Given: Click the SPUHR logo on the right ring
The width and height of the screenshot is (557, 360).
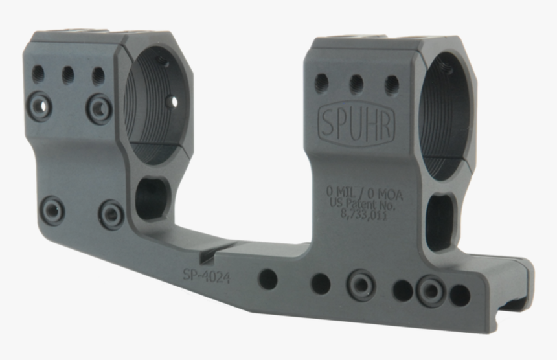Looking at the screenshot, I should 356,124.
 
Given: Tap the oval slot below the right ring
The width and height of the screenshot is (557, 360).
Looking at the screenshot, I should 442,221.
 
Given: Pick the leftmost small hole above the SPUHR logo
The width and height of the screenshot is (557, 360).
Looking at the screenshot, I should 321,82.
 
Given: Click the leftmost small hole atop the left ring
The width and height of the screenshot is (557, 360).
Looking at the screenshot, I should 38,73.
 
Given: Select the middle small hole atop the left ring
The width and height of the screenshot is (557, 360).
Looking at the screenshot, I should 68,75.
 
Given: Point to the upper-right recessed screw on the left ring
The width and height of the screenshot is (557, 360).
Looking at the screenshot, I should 99,107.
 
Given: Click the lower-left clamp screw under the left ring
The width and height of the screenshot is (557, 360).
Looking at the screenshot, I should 52,210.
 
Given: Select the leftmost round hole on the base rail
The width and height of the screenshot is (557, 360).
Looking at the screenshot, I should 267,279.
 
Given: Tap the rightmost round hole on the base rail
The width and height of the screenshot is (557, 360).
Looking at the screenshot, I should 460,295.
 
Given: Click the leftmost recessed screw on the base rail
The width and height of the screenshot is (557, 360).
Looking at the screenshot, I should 361,285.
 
